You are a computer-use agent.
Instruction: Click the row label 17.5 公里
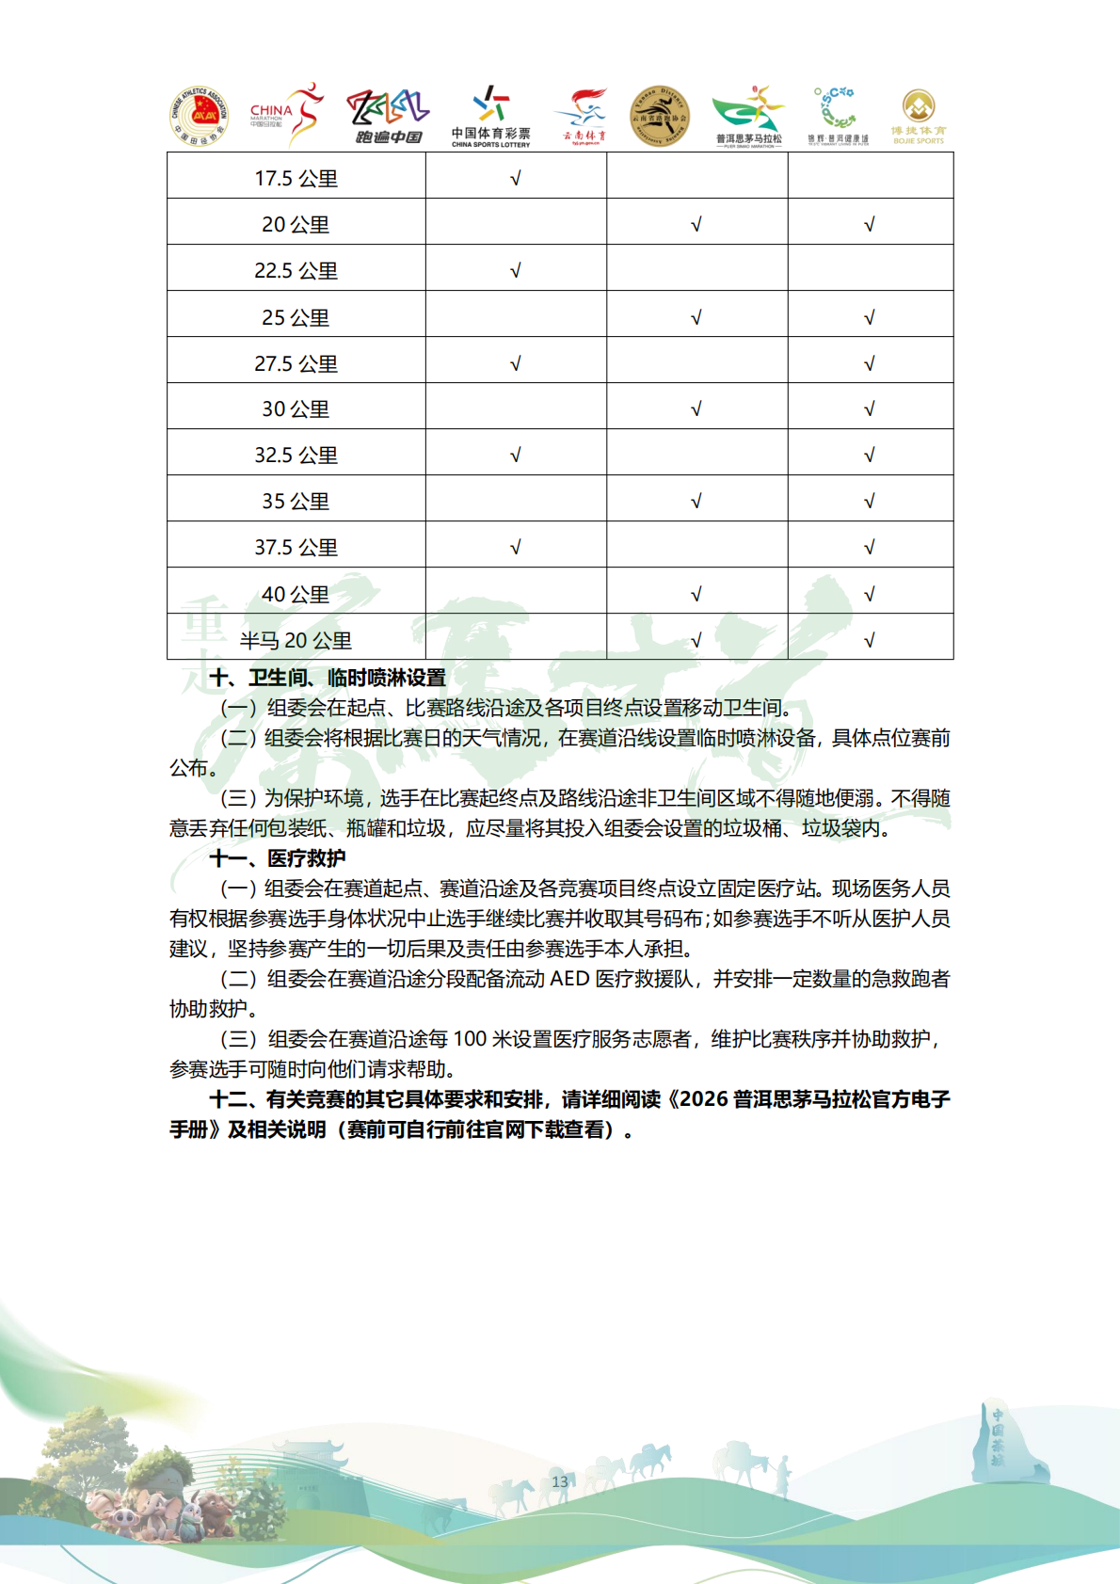(x=296, y=178)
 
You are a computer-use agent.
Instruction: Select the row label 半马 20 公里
(x=296, y=640)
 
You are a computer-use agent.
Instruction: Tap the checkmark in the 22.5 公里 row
(x=515, y=271)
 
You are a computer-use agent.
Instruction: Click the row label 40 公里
(x=296, y=594)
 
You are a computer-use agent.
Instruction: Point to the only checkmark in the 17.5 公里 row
(x=515, y=179)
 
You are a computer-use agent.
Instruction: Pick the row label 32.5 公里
(x=296, y=455)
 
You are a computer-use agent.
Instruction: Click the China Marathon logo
(x=287, y=114)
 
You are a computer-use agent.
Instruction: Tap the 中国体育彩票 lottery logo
(x=490, y=117)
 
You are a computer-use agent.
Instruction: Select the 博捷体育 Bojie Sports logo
(x=919, y=117)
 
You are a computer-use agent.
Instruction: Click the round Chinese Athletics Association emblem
(x=199, y=117)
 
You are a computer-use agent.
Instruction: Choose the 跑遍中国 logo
(x=388, y=117)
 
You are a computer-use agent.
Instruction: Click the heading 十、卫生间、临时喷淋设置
(x=328, y=678)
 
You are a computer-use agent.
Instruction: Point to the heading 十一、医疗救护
(x=278, y=857)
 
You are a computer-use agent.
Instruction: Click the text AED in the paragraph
(x=569, y=979)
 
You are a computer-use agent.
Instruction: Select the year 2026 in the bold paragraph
(x=704, y=1099)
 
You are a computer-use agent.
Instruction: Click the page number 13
(x=560, y=1481)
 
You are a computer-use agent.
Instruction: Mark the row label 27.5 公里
(x=296, y=363)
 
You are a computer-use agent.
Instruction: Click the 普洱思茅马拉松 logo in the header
(x=749, y=117)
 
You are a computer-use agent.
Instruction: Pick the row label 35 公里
(x=296, y=501)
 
